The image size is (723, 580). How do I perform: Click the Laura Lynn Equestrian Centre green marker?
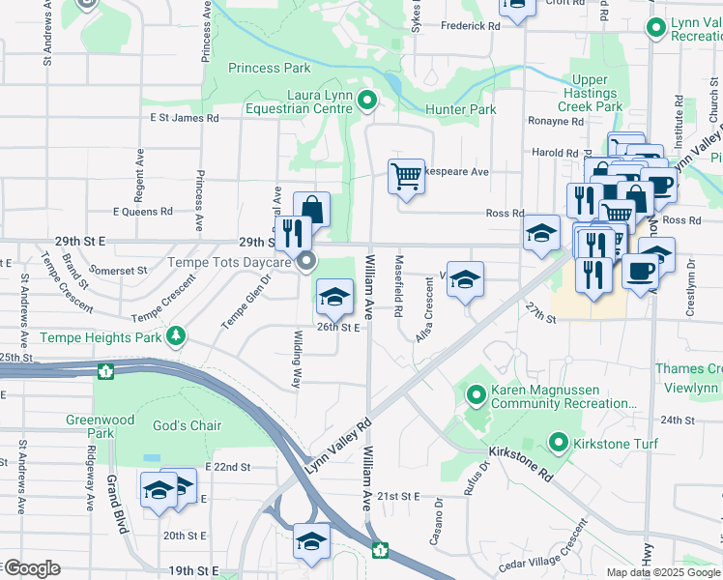[366, 101]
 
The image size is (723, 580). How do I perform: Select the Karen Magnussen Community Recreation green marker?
[476, 394]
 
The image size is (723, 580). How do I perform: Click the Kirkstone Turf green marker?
[558, 443]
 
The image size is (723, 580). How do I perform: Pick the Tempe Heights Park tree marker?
[176, 336]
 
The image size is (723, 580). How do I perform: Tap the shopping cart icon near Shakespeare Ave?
[407, 177]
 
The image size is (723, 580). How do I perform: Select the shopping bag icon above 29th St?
[311, 209]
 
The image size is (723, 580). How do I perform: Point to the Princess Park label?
[270, 68]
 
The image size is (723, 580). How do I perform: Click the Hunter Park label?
[462, 110]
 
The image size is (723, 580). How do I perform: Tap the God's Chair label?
[187, 425]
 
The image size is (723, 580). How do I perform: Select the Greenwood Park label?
[100, 426]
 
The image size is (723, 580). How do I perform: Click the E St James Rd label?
[184, 118]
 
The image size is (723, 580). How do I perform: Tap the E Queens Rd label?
[142, 210]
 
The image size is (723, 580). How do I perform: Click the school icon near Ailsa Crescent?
[465, 279]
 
